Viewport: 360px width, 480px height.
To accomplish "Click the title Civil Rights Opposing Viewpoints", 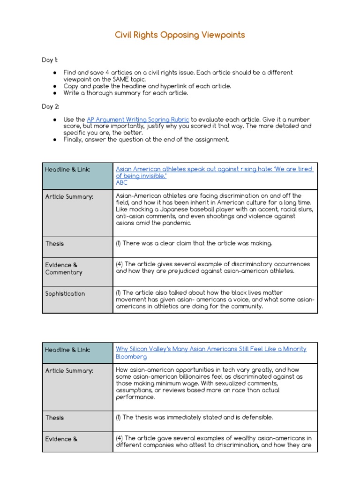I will pos(180,35).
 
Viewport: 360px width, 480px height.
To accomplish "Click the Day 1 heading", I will pos(50,60).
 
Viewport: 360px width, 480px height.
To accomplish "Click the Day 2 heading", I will pos(50,106).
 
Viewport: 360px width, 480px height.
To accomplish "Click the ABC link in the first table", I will pos(121,183).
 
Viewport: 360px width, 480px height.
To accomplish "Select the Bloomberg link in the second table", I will pos(131,357).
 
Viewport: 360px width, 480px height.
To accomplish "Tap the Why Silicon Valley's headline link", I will pos(211,349).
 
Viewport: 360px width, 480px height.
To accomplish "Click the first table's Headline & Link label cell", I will pos(67,169).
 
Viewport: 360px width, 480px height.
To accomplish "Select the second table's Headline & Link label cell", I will pos(67,350).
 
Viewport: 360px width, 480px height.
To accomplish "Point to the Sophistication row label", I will pos(65,294).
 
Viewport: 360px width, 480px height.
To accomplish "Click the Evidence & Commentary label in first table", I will pos(64,269).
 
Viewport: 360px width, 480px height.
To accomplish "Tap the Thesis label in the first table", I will pos(54,244).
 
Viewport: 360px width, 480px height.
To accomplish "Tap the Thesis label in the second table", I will pos(54,418).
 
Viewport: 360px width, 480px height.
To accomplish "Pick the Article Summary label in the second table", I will pos(69,371).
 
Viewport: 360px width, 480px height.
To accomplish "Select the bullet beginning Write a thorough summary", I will pos(126,93).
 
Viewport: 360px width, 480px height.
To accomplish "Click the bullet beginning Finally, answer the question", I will pos(146,139).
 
